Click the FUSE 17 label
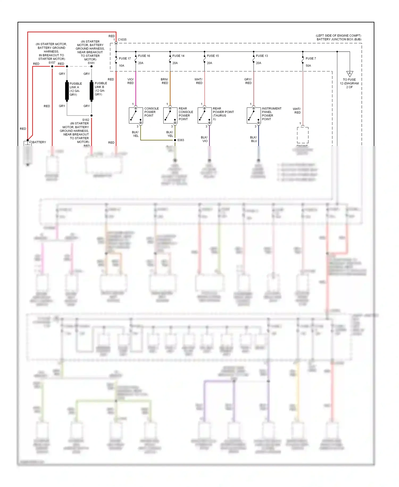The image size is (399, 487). tap(125, 58)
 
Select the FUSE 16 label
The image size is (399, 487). tap(144, 56)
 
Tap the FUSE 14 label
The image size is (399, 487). tap(178, 56)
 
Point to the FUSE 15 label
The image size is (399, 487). tap(213, 56)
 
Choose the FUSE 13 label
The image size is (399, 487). tap(262, 56)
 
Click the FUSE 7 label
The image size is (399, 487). tap(311, 58)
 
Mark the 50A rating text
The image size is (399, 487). tap(308, 66)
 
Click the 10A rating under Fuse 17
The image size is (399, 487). tap(122, 66)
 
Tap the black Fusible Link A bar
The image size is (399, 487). tap(67, 91)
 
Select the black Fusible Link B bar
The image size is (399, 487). tap(92, 91)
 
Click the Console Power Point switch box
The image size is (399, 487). tap(136, 115)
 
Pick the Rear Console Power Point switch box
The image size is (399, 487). tap(170, 115)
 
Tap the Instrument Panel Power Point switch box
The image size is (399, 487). tap(254, 115)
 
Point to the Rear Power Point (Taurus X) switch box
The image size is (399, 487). tap(205, 115)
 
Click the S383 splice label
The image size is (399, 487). tap(181, 140)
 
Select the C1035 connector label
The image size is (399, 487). tap(122, 40)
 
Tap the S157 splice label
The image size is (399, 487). tap(52, 63)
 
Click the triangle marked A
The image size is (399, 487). tap(350, 74)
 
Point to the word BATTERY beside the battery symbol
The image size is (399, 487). tap(39, 142)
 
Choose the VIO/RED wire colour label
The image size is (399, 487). tap(130, 81)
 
